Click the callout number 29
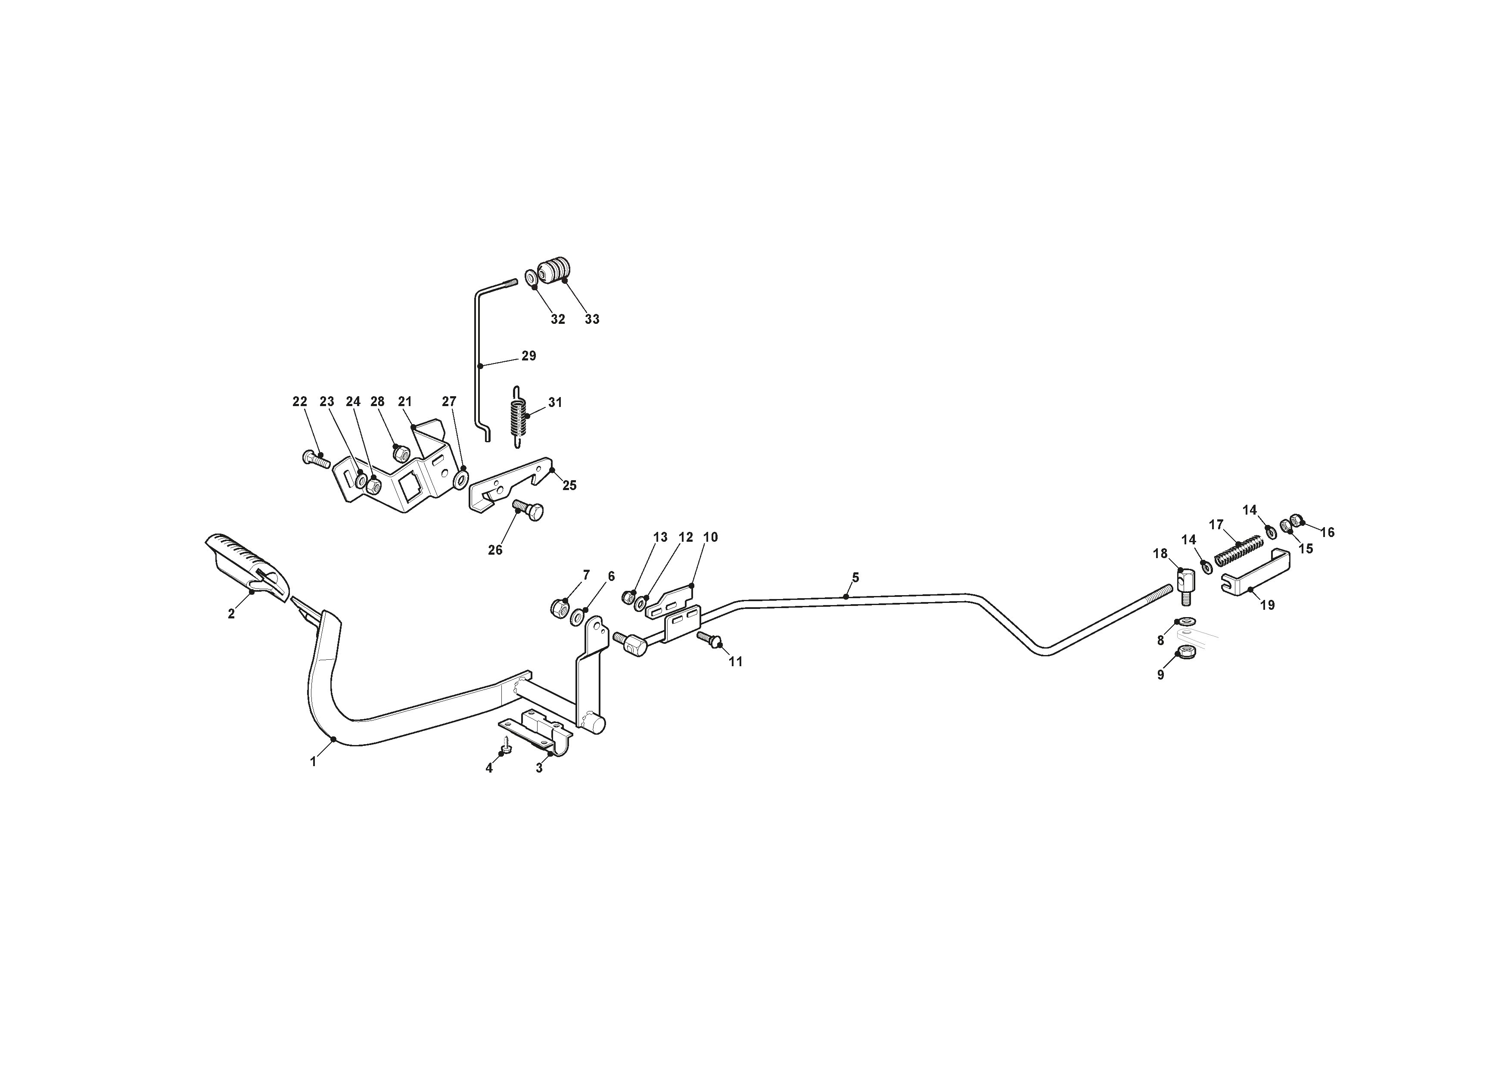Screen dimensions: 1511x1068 529,356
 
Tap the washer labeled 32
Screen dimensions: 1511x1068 530,278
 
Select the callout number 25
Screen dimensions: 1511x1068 569,486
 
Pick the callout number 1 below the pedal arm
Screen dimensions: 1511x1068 313,762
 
